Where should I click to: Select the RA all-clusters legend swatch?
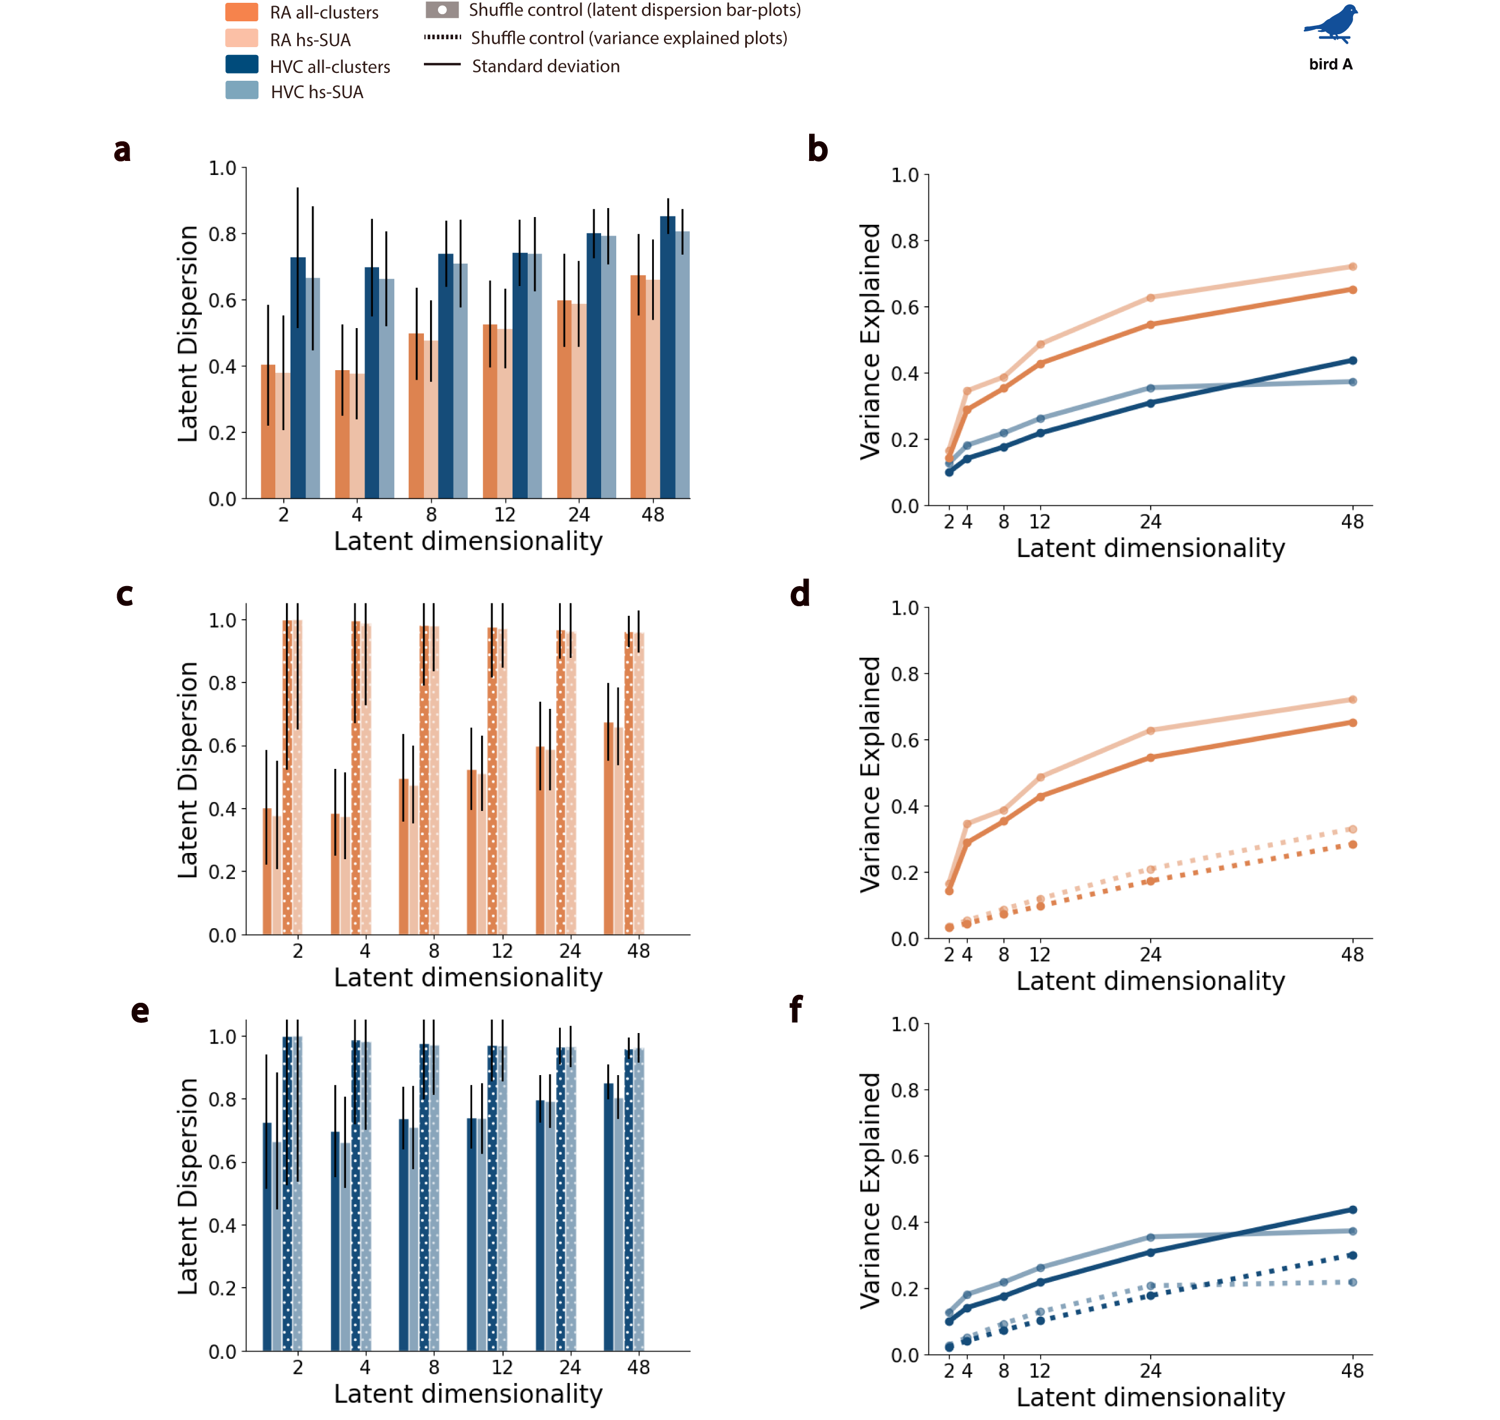pos(242,12)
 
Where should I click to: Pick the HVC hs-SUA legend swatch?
pos(242,91)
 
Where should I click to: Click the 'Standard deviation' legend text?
pos(546,67)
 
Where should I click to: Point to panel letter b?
pos(818,149)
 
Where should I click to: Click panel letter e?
pos(140,1011)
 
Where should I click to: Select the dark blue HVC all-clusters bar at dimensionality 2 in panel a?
pos(298,379)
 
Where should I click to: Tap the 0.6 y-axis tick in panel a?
pos(223,301)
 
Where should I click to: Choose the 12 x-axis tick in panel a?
pos(505,515)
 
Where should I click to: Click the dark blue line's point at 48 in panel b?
pos(1353,360)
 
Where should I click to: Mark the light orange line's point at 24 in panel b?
pos(1150,297)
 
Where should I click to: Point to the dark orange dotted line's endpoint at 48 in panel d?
pos(1353,844)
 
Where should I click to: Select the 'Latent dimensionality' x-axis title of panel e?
pos(468,1394)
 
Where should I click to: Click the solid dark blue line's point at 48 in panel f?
pos(1353,1210)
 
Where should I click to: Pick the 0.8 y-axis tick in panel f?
pos(905,1090)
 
